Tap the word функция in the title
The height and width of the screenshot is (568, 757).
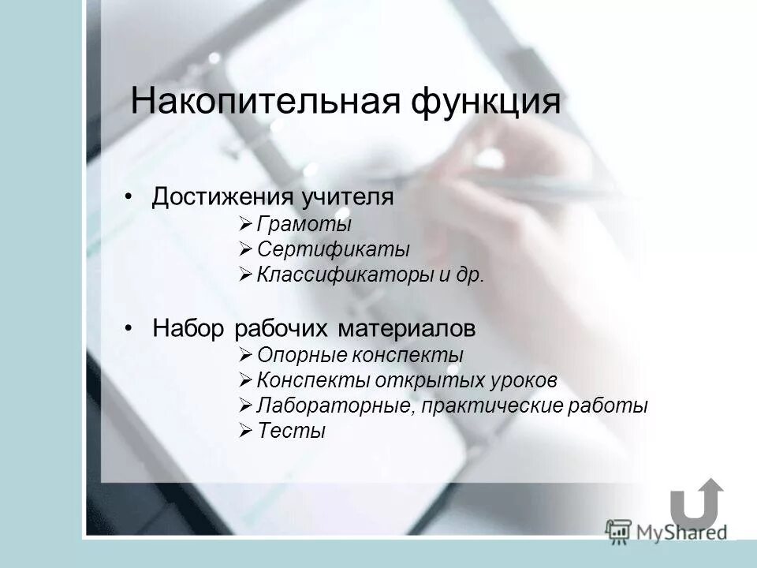coord(486,103)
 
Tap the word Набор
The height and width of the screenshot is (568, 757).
coord(188,327)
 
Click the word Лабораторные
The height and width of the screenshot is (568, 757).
coord(335,406)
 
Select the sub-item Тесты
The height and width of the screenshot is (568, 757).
coord(291,432)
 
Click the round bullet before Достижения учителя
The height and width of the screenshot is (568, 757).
coord(129,196)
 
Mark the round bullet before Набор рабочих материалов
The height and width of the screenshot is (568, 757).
coord(129,327)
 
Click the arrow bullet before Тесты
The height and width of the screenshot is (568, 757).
coord(244,432)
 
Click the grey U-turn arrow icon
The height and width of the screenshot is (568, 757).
coord(695,504)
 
